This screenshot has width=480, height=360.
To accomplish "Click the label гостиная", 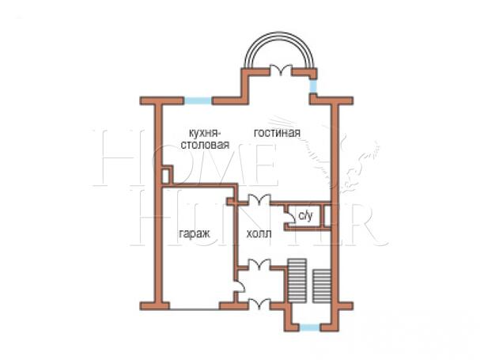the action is tap(277, 133).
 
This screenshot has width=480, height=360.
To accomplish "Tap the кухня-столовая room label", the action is tap(205, 138).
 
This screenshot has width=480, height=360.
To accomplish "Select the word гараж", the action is tap(195, 234).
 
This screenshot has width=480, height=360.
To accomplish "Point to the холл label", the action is tap(259, 234).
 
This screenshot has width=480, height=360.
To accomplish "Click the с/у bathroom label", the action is tap(305, 216).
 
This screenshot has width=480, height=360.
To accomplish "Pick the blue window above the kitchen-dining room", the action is tap(198, 100).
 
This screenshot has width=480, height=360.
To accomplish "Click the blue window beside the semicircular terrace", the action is tap(313, 86).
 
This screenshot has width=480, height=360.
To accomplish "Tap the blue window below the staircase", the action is tap(309, 328).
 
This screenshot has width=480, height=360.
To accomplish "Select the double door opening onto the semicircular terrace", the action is tap(281, 70).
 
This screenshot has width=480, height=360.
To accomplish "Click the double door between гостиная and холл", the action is tap(259, 199).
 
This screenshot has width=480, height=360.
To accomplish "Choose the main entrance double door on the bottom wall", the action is tap(259, 304).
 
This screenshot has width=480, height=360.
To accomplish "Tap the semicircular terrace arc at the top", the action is tap(279, 33).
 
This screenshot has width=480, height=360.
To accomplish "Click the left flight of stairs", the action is tap(297, 281).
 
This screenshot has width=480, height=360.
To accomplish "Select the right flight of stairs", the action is tap(322, 286).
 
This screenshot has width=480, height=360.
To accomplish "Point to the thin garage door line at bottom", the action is tap(195, 309).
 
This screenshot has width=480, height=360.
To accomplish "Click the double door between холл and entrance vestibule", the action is tap(259, 264).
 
